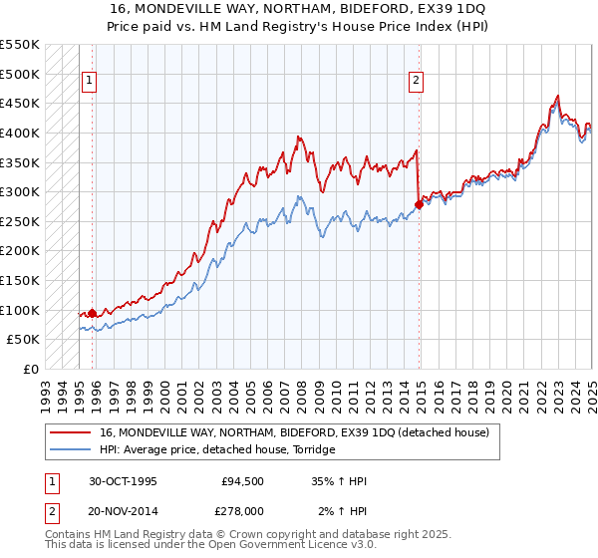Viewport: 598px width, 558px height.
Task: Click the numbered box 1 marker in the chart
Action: [90, 82]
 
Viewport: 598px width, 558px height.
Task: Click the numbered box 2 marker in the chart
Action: [416, 82]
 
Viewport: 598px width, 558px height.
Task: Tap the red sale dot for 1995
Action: [92, 313]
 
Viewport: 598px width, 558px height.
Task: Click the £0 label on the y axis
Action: [31, 369]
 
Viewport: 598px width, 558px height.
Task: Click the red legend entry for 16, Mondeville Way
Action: [294, 433]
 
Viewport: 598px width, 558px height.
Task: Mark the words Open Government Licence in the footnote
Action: [273, 545]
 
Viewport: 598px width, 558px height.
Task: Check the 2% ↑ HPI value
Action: [343, 511]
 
